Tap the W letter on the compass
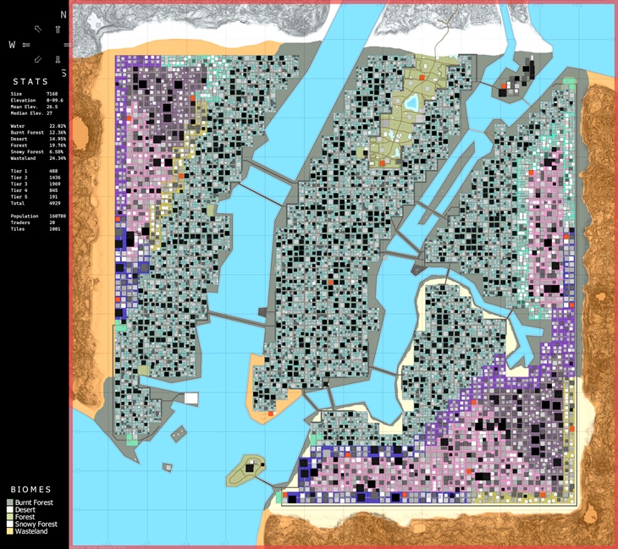point(11,44)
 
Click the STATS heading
point(30,82)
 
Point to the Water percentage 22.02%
point(58,126)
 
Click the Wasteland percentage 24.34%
point(58,158)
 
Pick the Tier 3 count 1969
point(52,184)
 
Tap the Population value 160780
point(55,216)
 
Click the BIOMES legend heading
point(30,490)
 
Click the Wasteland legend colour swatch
point(10,532)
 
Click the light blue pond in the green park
point(412,102)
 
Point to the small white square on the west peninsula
point(191,398)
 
